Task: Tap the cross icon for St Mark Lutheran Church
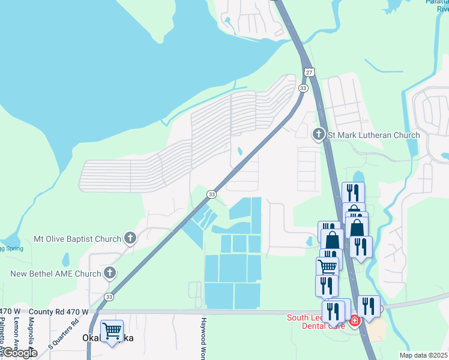click(x=319, y=134)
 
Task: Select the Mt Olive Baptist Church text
click(x=77, y=239)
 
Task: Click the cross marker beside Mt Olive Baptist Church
click(x=129, y=239)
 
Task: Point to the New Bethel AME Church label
click(x=56, y=274)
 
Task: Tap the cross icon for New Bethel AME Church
click(x=109, y=274)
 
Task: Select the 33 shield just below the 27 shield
click(x=303, y=88)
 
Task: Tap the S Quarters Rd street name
click(x=63, y=334)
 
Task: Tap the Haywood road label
click(x=204, y=338)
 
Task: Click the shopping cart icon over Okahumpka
click(x=112, y=331)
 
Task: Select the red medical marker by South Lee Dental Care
click(x=354, y=321)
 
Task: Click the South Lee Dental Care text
click(x=316, y=322)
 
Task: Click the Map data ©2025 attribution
click(x=424, y=355)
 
